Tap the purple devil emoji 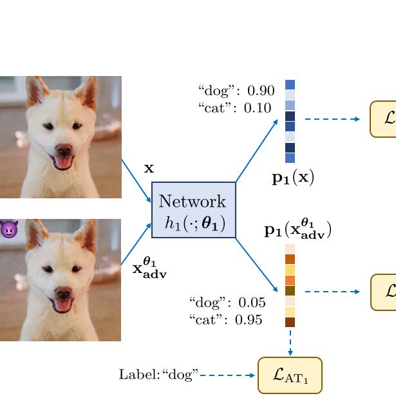(8, 229)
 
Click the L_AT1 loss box (290, 374)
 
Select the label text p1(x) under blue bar (292, 178)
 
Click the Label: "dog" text (158, 374)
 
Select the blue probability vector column (290, 121)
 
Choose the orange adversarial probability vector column (290, 285)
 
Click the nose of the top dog (63, 149)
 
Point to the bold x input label (149, 169)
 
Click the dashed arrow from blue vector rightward (332, 119)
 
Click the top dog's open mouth (63, 162)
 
